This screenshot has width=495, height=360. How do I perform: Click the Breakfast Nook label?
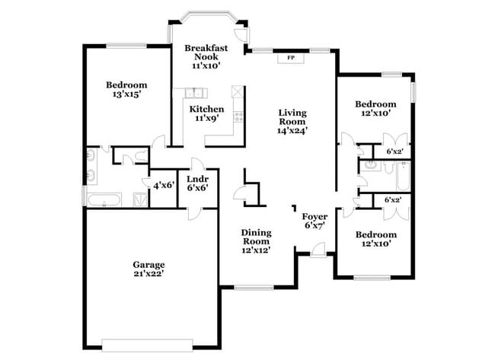206,52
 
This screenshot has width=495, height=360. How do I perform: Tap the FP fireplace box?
290,58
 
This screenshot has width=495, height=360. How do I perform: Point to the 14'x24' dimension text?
292,130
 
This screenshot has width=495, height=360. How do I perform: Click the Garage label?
149,264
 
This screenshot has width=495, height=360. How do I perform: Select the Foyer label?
315,216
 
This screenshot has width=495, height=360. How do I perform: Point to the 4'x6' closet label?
164,185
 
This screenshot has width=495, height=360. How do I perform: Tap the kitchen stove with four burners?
238,117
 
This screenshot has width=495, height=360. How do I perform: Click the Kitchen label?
206,109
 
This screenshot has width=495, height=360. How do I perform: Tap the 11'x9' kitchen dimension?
206,118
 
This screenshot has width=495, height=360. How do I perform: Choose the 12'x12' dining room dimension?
256,250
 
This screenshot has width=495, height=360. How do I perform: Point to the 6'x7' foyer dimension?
315,225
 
